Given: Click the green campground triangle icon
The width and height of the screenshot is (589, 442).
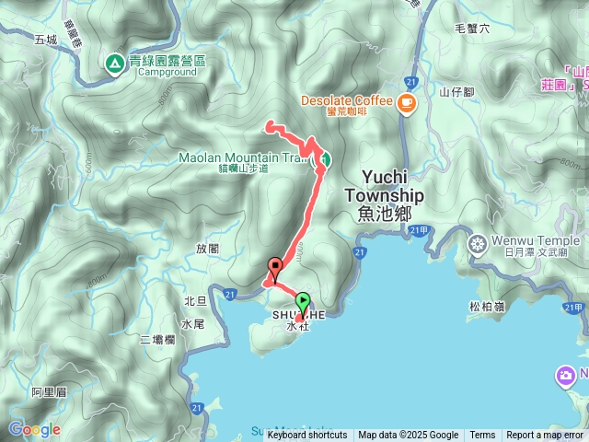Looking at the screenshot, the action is [x=114, y=64].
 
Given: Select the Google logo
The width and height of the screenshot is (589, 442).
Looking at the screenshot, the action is [x=33, y=429].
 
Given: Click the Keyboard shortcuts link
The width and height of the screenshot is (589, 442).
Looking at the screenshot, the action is [x=307, y=436].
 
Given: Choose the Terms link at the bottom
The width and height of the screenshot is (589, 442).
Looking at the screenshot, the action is [x=482, y=436].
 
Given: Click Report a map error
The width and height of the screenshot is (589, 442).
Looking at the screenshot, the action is [x=545, y=436].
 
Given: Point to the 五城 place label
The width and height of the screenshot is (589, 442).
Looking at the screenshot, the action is [x=45, y=40].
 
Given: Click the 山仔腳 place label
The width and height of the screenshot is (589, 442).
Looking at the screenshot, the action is [x=456, y=91].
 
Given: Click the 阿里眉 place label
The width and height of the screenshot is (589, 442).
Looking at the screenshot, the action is [x=49, y=392].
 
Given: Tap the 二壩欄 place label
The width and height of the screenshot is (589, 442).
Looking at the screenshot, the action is [x=157, y=340].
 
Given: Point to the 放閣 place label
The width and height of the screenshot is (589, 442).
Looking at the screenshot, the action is [x=208, y=248].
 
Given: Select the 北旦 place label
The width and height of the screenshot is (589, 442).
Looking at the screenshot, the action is [x=195, y=301].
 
